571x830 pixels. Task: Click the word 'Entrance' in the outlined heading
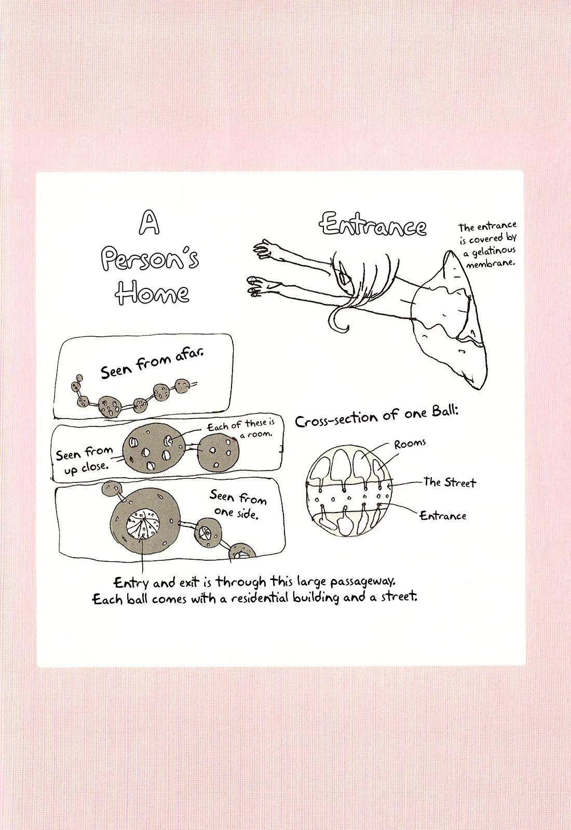tap(374, 225)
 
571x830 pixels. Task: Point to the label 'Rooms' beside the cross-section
tap(410, 444)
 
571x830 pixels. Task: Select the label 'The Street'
tap(450, 482)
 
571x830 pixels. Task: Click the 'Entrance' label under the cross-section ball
tap(443, 516)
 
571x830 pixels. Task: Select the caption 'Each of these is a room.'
tap(241, 428)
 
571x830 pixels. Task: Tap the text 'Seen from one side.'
tap(237, 505)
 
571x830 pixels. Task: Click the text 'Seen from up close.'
tap(85, 460)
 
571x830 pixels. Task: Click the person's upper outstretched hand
tap(265, 249)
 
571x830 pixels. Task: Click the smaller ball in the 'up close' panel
tap(218, 452)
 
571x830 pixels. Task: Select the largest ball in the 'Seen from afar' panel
tap(110, 406)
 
